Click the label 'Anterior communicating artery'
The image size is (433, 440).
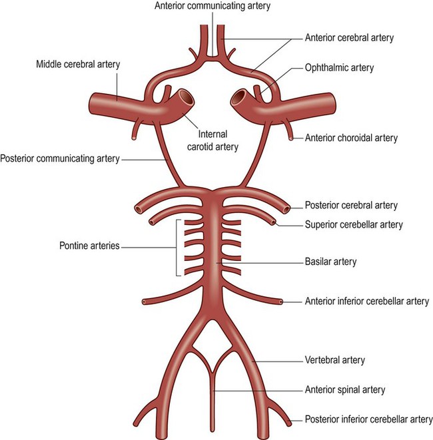[212, 6]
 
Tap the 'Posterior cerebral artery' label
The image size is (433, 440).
[350, 205]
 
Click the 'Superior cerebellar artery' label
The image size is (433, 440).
[353, 225]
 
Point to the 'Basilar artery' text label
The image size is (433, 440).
[330, 262]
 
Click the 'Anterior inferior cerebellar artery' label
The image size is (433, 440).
[366, 302]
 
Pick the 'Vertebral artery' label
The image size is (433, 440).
[334, 360]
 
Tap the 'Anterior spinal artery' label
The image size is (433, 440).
[344, 389]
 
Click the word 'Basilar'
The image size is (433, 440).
[317, 262]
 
